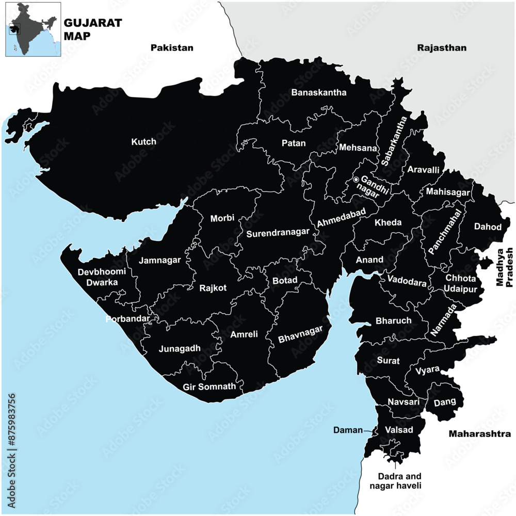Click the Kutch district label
(143, 141)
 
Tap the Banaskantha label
(318, 93)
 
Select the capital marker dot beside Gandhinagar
(356, 179)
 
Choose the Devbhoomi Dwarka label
(98, 277)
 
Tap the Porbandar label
(127, 319)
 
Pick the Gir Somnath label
(209, 386)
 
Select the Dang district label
(443, 402)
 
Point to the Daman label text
(348, 430)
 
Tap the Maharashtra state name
(479, 433)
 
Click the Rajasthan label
(441, 48)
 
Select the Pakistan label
(172, 48)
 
